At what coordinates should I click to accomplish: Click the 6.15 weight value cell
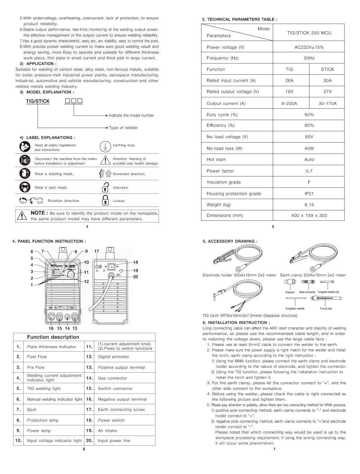(309, 204)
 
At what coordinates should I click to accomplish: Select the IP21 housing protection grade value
(309, 193)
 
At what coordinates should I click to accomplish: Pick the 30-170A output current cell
(327, 103)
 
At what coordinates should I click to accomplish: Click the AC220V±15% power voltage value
(309, 47)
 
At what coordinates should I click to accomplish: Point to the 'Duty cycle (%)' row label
(222, 115)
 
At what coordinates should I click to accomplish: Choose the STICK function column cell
(327, 69)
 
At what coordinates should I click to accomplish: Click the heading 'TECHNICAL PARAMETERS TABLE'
(242, 19)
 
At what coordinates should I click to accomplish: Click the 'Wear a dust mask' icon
(25, 187)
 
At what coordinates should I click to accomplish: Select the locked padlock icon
(105, 200)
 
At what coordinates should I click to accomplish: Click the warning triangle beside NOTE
(22, 216)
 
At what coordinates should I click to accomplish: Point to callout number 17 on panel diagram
(97, 252)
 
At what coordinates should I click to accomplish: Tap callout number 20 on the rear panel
(136, 277)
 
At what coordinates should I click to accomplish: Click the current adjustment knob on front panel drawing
(72, 274)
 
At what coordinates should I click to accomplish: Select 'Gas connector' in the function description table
(112, 378)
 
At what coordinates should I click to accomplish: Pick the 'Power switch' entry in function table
(111, 420)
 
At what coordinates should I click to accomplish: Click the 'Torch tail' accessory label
(326, 309)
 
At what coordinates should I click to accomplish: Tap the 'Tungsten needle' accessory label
(295, 309)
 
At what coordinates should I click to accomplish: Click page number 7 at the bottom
(274, 449)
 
